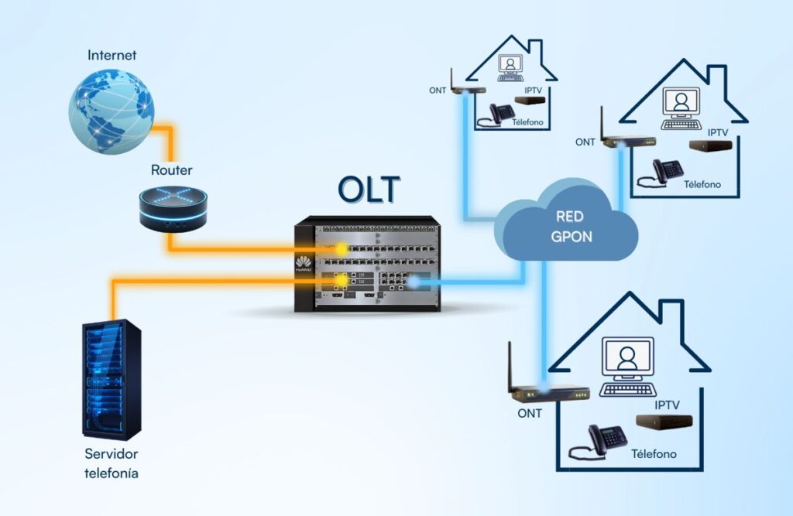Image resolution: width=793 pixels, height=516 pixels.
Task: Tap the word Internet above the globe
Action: click(112, 56)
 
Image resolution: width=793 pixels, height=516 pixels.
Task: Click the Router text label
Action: click(172, 170)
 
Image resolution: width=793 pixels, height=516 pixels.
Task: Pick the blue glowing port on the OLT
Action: click(414, 283)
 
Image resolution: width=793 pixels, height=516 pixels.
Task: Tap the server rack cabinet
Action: click(112, 379)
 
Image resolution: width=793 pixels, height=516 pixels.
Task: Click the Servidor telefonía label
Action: click(112, 463)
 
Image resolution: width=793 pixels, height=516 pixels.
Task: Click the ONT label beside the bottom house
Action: click(530, 413)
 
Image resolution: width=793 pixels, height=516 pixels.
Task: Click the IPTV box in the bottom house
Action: click(664, 422)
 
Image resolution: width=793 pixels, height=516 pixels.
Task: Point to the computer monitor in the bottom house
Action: click(627, 360)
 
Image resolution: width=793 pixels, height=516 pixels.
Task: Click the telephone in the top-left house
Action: click(499, 114)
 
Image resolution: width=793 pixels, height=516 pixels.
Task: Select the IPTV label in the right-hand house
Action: click(718, 132)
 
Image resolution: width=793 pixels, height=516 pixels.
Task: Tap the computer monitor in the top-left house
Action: click(510, 65)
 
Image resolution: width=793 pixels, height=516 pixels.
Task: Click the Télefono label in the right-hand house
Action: click(702, 184)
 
